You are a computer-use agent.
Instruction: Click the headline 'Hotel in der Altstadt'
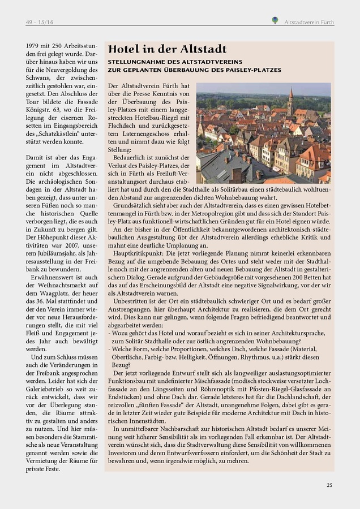167,49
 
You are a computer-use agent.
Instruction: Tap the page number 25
329,484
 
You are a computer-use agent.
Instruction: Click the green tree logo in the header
275,20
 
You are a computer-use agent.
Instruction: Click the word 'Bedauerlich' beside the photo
131,153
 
